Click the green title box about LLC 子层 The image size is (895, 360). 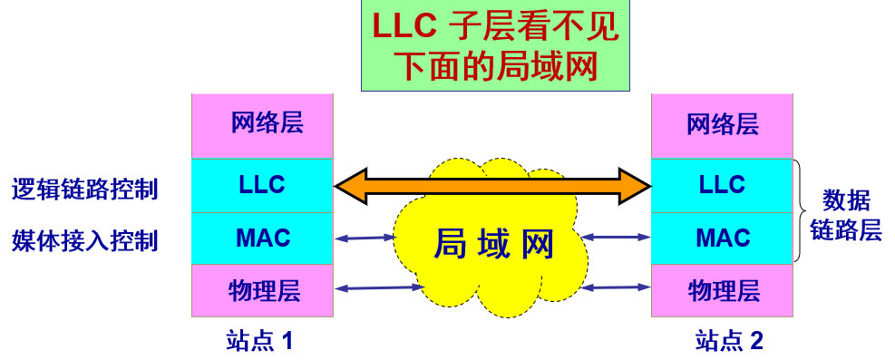tap(495, 46)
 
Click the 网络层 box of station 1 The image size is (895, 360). tap(262, 124)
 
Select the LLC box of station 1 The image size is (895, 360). tap(262, 185)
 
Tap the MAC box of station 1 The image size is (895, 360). tap(262, 238)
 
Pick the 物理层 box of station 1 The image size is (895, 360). tap(262, 290)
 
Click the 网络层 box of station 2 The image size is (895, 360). tap(722, 124)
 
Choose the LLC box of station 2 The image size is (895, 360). tap(722, 185)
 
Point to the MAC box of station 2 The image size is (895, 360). tap(722, 238)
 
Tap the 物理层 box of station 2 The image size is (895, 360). tap(722, 290)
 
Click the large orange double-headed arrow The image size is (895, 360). tap(492, 185)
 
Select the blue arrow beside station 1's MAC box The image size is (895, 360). tap(365, 238)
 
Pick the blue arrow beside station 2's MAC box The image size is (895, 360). tap(617, 238)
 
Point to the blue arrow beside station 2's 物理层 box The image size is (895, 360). tap(617, 287)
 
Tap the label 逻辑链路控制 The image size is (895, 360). tap(85, 190)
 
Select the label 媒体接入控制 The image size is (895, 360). tap(85, 240)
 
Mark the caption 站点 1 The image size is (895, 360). tap(260, 341)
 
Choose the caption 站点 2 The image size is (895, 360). tap(729, 341)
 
